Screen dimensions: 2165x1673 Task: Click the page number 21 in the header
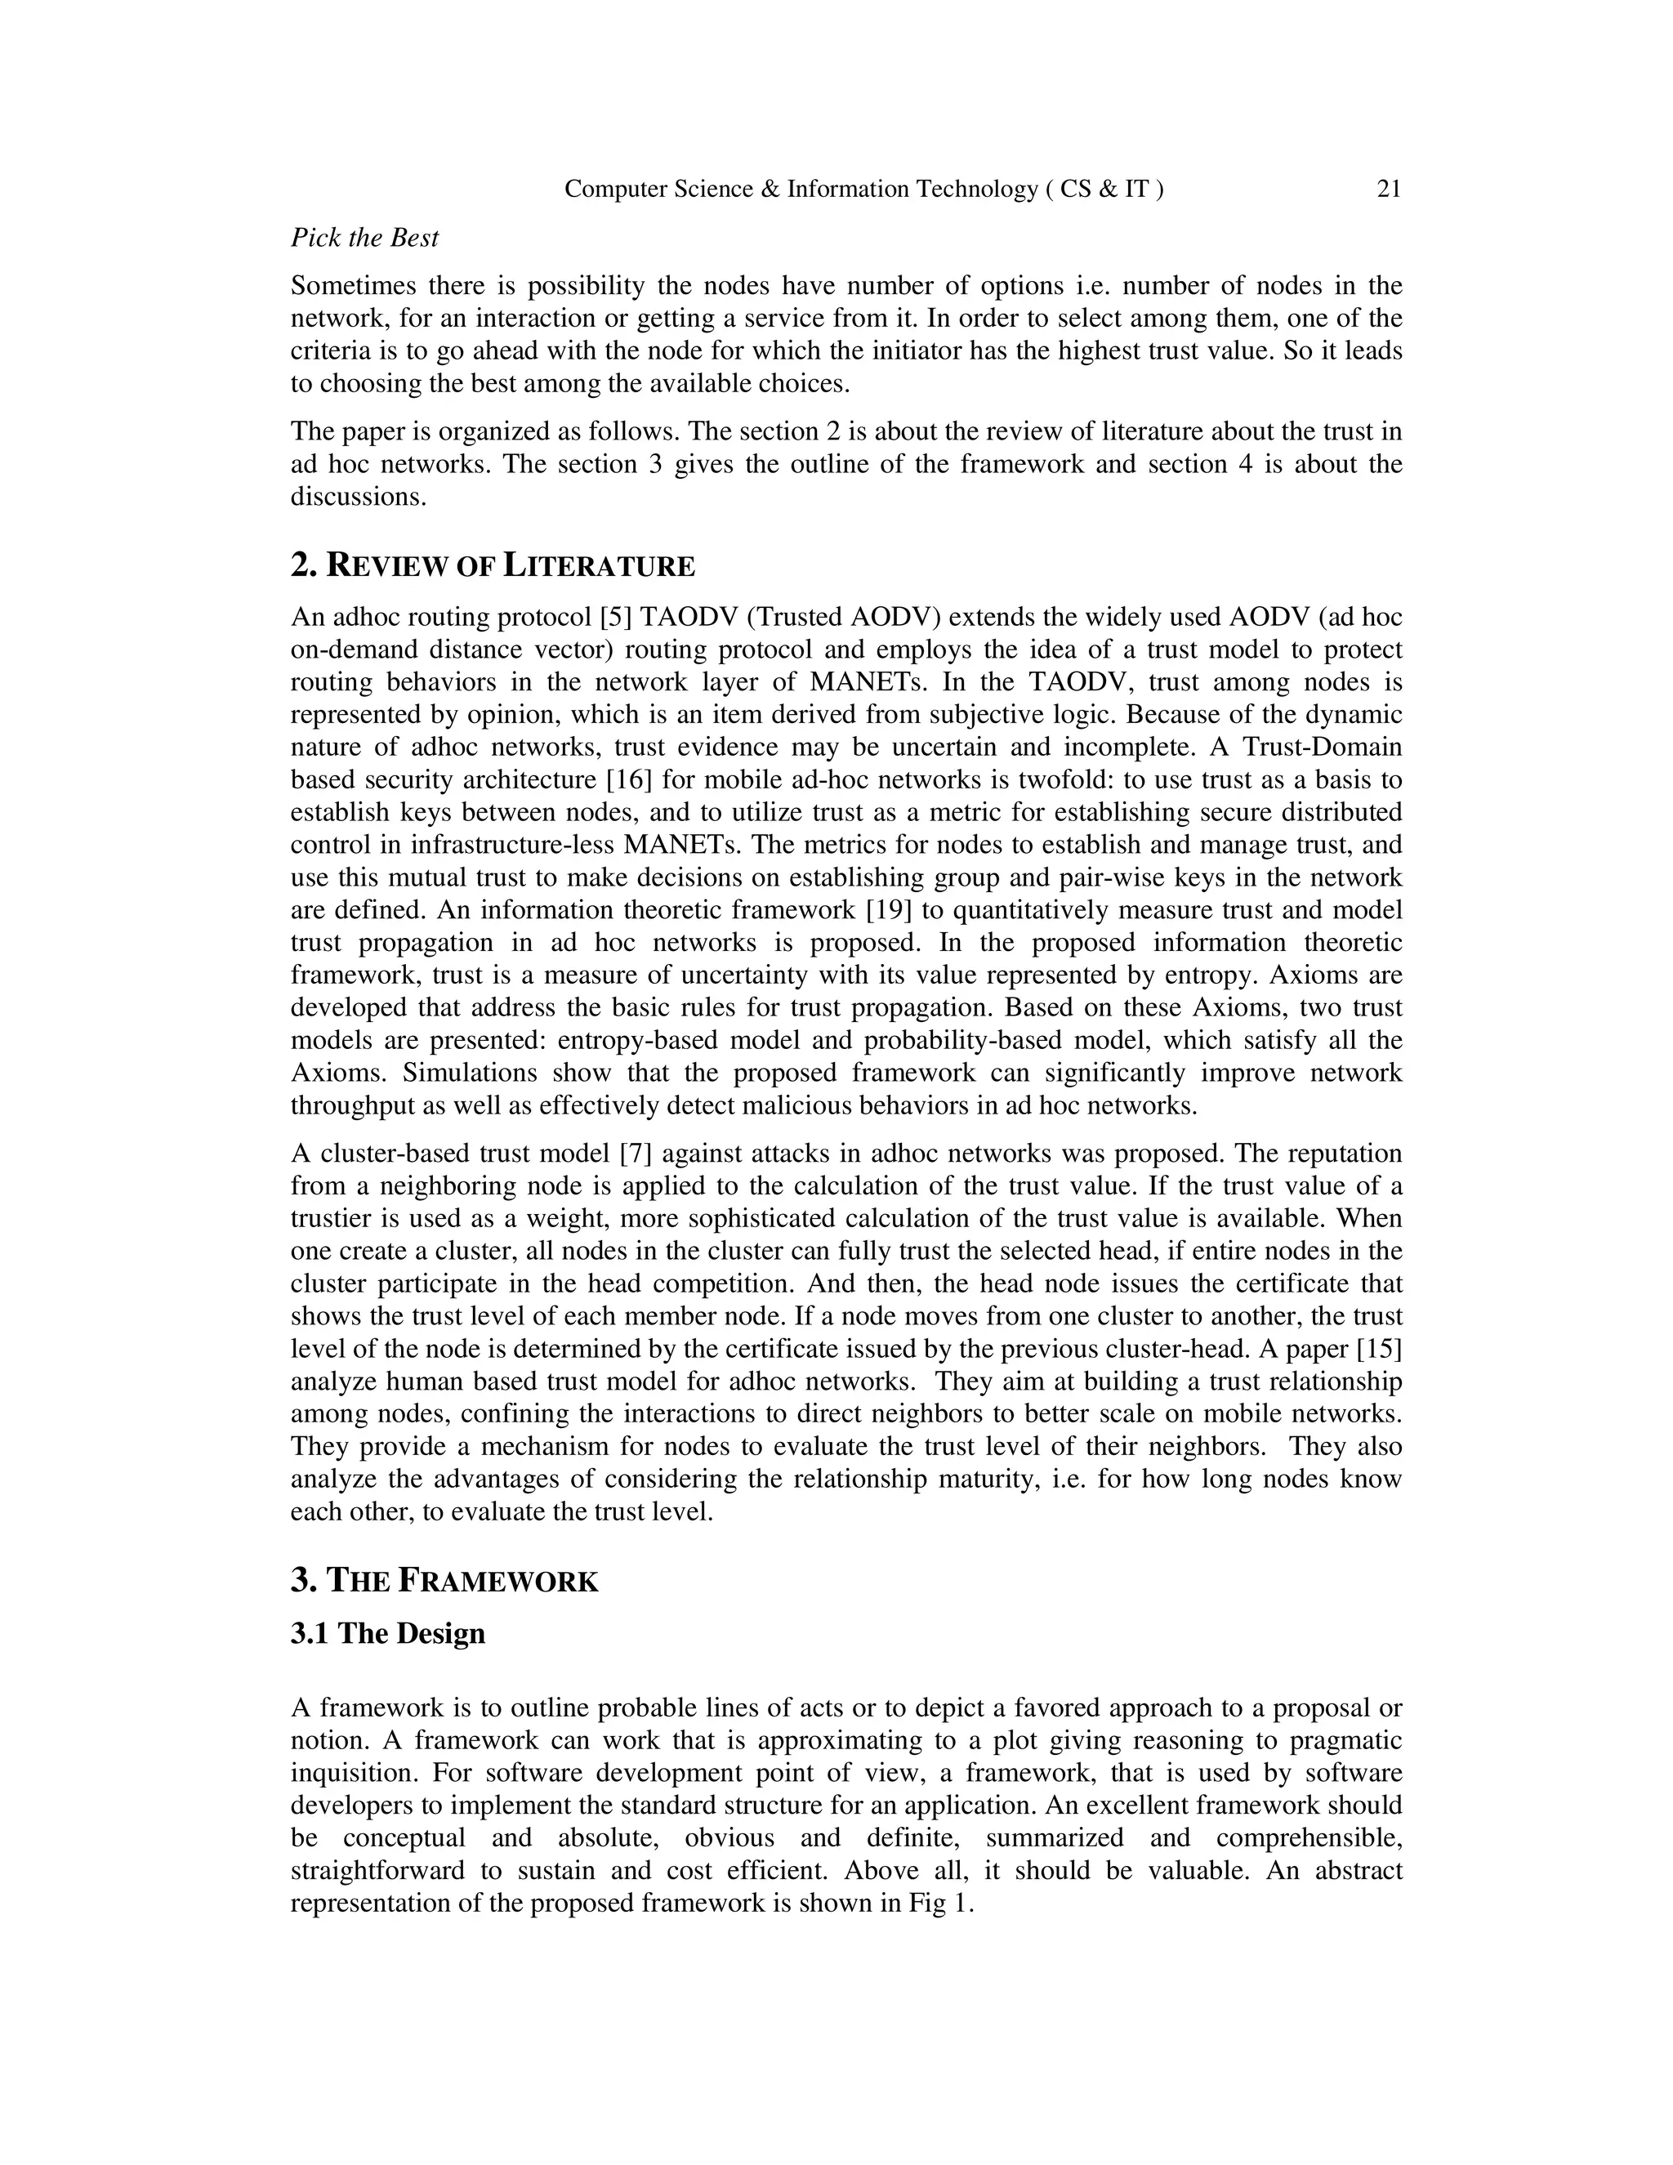[1389, 190]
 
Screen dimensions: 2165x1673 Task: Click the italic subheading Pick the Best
[364, 238]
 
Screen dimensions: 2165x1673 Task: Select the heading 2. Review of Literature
[493, 566]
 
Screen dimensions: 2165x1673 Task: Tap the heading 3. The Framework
[444, 1580]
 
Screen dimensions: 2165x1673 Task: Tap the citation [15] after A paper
[1379, 1349]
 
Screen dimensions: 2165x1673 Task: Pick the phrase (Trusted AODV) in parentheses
[845, 618]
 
